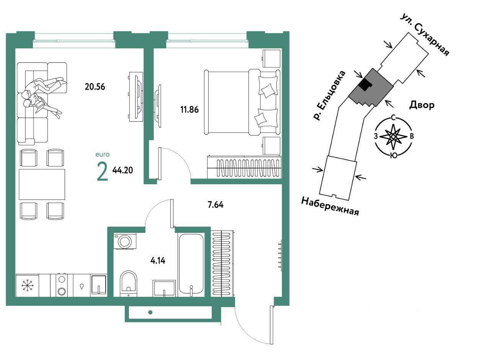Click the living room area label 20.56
[95, 87]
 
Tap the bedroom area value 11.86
[189, 110]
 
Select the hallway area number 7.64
[216, 205]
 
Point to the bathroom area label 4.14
[158, 261]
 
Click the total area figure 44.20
[122, 170]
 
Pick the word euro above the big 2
[102, 154]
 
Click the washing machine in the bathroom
[125, 241]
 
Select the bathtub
[191, 264]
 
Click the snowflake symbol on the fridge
[27, 285]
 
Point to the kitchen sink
[99, 285]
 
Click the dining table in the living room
[42, 184]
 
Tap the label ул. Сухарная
[425, 35]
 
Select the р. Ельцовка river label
[330, 96]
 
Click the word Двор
[422, 105]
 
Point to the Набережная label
[330, 206]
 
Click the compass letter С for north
[393, 118]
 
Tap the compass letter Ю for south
[394, 155]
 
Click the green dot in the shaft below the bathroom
[150, 312]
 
